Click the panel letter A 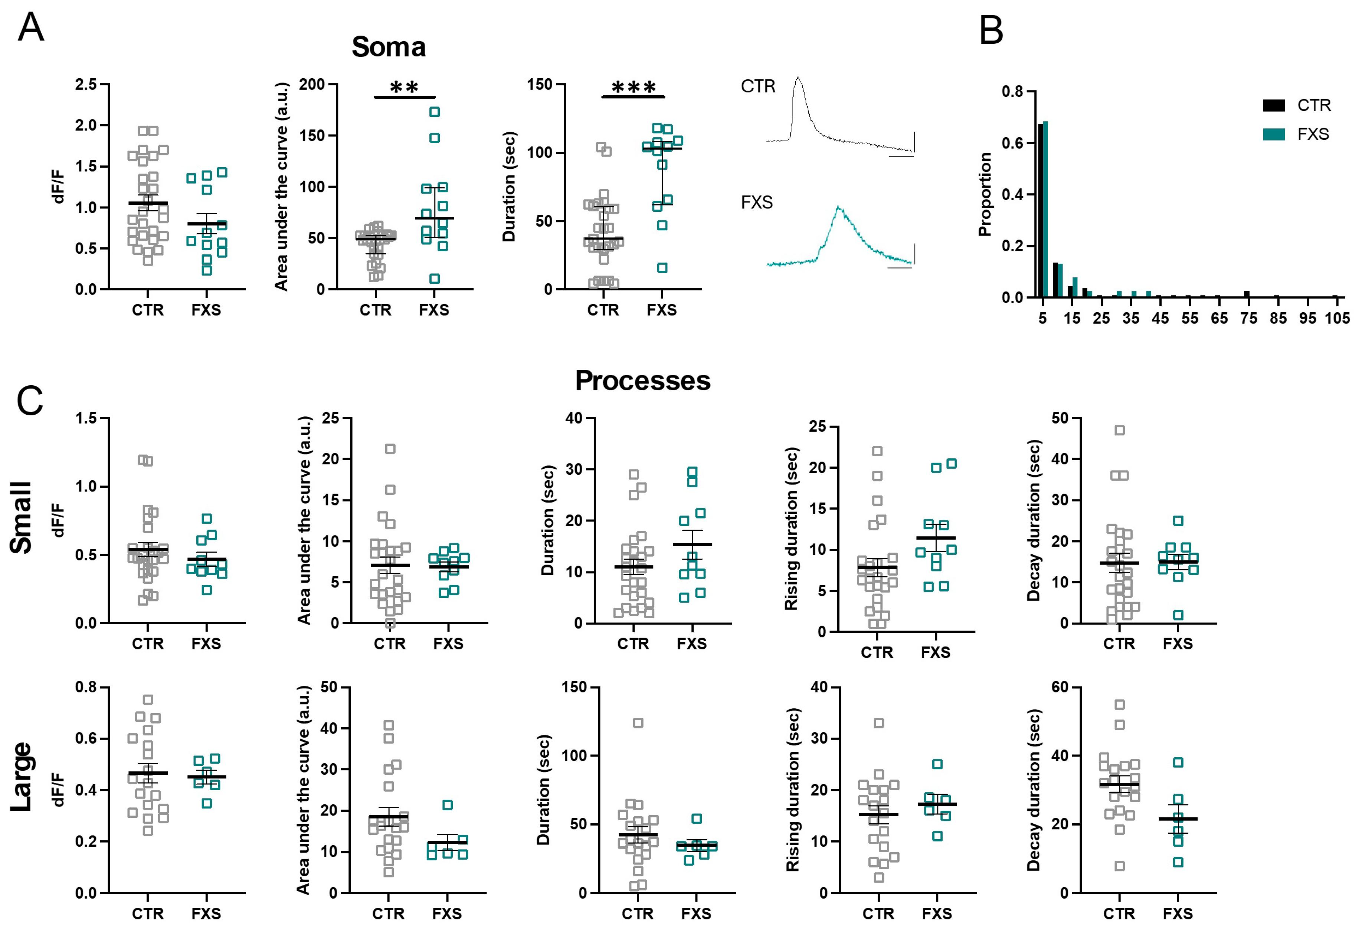coord(30,27)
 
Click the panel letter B coord(991,30)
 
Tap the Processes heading coord(642,381)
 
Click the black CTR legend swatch coord(1274,105)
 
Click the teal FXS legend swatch coord(1274,134)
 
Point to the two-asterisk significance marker coord(405,88)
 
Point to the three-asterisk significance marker coord(633,88)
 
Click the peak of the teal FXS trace coord(839,207)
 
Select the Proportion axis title coord(985,194)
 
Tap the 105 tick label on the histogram coord(1337,318)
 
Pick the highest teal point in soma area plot coord(434,112)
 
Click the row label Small coord(21,517)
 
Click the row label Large coord(21,776)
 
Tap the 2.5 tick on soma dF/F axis coord(86,84)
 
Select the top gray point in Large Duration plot coord(638,723)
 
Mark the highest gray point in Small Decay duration coord(1119,431)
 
